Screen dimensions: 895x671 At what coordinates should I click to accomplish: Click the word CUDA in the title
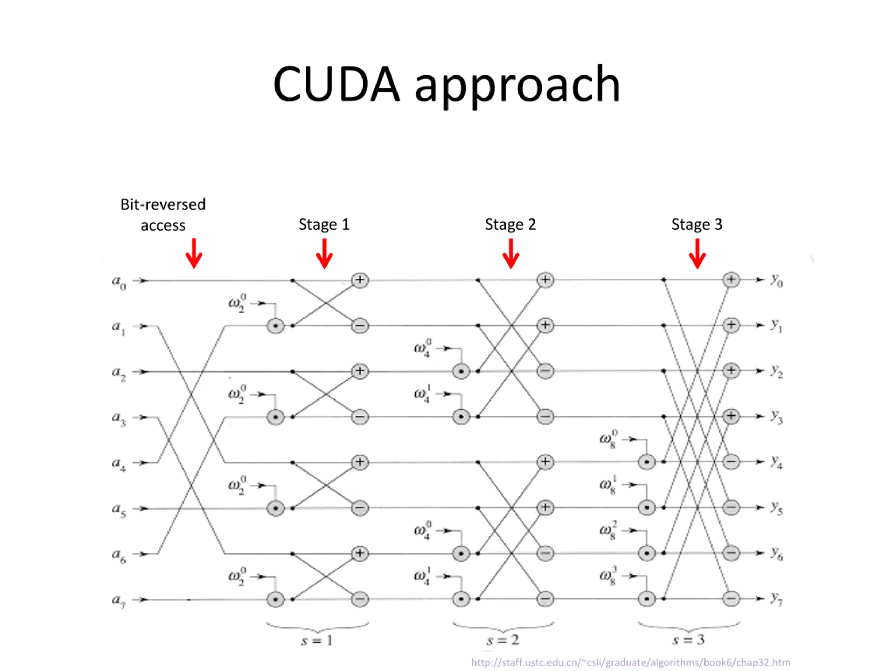pyautogui.click(x=337, y=84)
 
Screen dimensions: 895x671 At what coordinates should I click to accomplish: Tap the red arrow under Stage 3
pyautogui.click(x=697, y=254)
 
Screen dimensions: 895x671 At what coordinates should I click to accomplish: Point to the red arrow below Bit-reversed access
pyautogui.click(x=194, y=254)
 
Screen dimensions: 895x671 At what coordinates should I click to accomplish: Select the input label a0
pyautogui.click(x=119, y=282)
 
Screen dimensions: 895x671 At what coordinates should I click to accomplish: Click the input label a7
pyautogui.click(x=119, y=601)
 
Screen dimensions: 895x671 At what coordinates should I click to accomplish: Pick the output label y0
pyautogui.click(x=776, y=280)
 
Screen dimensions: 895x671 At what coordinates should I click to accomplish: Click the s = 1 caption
pyautogui.click(x=317, y=640)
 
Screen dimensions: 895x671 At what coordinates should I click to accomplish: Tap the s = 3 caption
pyautogui.click(x=689, y=640)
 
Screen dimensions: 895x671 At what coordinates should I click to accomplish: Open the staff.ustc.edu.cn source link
pyautogui.click(x=631, y=662)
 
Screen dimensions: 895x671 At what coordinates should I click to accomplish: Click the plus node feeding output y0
pyautogui.click(x=731, y=280)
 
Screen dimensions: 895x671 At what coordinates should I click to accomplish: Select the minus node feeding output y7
pyautogui.click(x=731, y=599)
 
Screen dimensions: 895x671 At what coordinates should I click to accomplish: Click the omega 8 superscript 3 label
pyautogui.click(x=609, y=576)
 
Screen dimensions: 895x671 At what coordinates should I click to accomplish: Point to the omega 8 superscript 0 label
pyautogui.click(x=609, y=439)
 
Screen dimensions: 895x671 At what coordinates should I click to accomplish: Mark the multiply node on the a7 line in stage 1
pyautogui.click(x=275, y=599)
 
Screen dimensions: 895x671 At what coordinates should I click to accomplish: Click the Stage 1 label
pyautogui.click(x=324, y=224)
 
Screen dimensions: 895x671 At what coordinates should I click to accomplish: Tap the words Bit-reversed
pyautogui.click(x=163, y=204)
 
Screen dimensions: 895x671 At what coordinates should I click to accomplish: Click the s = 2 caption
pyautogui.click(x=503, y=640)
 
